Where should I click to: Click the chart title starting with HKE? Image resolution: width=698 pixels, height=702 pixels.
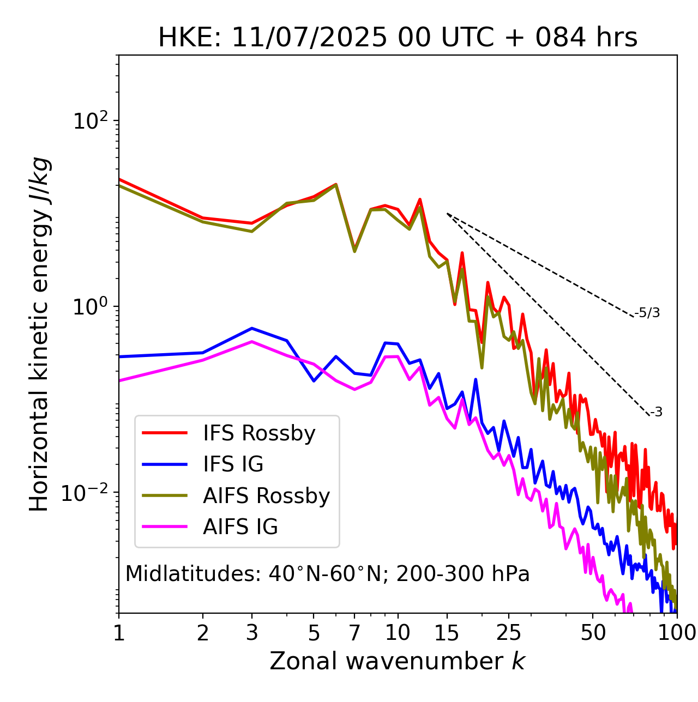click(x=398, y=38)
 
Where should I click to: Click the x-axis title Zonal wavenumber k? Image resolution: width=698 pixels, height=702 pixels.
click(x=398, y=661)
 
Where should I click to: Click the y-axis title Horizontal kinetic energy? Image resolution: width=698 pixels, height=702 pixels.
click(x=40, y=334)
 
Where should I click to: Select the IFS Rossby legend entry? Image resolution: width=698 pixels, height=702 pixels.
click(x=259, y=433)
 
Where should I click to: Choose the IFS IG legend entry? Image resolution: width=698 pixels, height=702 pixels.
click(x=233, y=464)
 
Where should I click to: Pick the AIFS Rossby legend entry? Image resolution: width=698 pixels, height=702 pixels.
click(x=266, y=496)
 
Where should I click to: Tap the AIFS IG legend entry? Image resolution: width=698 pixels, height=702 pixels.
click(x=240, y=527)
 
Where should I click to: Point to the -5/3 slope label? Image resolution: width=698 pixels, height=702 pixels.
click(x=647, y=313)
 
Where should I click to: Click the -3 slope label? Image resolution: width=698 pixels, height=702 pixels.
click(x=655, y=412)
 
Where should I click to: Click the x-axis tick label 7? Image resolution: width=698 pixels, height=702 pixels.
click(x=354, y=633)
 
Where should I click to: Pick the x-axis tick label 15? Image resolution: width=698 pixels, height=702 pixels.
click(x=447, y=633)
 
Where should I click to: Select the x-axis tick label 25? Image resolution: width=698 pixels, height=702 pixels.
click(x=509, y=633)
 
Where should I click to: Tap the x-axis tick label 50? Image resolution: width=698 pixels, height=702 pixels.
click(x=593, y=633)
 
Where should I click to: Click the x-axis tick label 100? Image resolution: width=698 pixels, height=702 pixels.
click(x=677, y=633)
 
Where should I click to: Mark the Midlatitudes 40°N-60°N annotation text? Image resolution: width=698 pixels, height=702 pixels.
click(x=327, y=574)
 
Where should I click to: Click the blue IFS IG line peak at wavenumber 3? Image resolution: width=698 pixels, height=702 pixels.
click(x=252, y=328)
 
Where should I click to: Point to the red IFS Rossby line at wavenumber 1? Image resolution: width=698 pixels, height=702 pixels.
click(x=120, y=179)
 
